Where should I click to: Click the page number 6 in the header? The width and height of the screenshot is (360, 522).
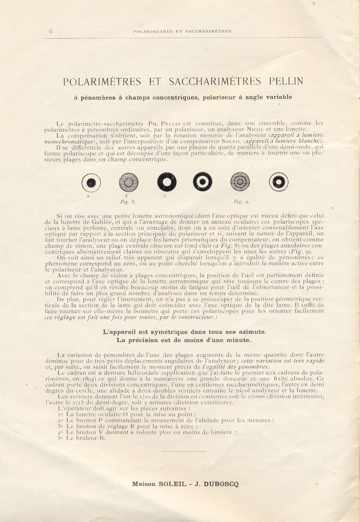pyautogui.click(x=50, y=31)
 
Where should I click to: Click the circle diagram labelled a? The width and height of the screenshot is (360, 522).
pyautogui.click(x=91, y=182)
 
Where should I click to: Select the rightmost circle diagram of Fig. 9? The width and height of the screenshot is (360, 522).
pyautogui.click(x=279, y=182)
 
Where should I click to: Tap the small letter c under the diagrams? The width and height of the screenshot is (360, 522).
pyautogui.click(x=165, y=196)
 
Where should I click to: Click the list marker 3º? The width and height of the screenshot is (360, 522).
pyautogui.click(x=60, y=426)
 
